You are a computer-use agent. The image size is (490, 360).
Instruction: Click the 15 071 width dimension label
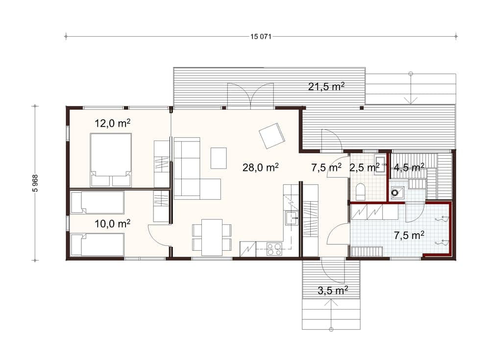[261, 37]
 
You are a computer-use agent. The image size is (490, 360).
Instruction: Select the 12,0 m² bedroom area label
[113, 123]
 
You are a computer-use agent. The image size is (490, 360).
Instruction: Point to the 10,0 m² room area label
[113, 223]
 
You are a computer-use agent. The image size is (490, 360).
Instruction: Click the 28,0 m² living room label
[261, 168]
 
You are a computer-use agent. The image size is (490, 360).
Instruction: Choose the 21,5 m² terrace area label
[326, 86]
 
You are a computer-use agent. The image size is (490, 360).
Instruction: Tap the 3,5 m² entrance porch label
[333, 290]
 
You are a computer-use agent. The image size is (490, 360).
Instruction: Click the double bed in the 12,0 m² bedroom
[111, 160]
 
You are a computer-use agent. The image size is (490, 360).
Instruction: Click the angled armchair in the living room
[272, 136]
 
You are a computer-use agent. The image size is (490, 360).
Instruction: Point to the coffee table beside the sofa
[219, 158]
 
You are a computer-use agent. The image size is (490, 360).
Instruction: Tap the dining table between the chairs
[212, 238]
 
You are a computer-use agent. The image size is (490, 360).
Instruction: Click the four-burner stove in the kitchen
[274, 249]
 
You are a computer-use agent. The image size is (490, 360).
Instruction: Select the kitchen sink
[291, 218]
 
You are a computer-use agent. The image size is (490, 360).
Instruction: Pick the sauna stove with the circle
[397, 193]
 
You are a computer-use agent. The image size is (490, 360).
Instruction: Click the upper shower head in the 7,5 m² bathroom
[441, 219]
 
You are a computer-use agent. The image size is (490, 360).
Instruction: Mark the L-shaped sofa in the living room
[197, 168]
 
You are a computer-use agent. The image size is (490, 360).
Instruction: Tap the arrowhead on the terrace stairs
[411, 100]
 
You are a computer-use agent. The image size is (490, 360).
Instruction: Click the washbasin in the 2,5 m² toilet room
[381, 164]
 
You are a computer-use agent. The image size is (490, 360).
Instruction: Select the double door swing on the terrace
[250, 93]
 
